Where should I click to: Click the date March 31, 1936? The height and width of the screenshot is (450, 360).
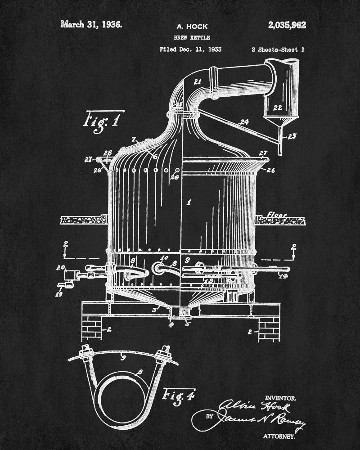tap(91, 24)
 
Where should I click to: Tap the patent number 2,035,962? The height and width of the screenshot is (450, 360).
tap(287, 25)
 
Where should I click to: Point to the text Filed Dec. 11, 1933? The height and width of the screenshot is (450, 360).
tap(190, 49)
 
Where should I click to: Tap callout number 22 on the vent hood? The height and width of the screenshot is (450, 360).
tap(278, 108)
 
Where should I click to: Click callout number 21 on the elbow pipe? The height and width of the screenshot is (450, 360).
tap(197, 81)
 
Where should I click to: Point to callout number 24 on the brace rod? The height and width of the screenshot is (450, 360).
tap(245, 121)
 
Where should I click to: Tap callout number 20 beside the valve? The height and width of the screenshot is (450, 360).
tap(60, 268)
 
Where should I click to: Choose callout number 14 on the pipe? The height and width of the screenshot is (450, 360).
tap(283, 276)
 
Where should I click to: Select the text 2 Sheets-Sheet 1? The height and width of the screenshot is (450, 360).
tap(277, 49)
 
